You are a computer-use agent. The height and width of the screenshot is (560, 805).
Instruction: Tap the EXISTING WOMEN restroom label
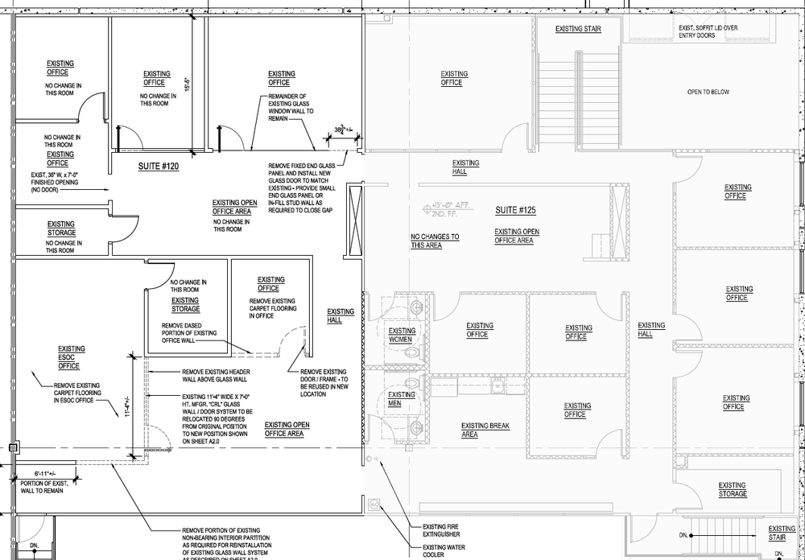402,335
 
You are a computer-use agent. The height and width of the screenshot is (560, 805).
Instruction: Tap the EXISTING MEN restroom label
400,398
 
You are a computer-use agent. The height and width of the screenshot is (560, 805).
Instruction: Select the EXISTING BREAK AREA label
481,430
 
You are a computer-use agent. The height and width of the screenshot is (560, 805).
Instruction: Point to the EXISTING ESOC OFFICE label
69,357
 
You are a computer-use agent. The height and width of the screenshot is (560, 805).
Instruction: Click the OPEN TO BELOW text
708,92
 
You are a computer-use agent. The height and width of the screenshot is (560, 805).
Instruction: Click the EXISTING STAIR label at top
578,29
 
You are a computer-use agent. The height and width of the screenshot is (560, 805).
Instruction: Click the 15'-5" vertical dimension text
187,84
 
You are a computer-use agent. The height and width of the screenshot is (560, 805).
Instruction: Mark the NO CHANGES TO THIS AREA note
435,241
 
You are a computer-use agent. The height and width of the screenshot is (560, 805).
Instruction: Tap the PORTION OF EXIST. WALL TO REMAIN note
38,486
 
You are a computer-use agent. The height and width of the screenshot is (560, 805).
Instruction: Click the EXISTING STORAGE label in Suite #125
732,489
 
